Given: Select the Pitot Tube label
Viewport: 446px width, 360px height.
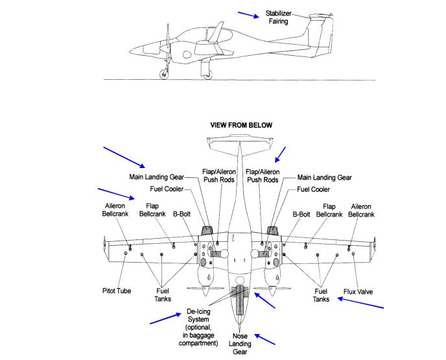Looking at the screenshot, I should (x=117, y=291).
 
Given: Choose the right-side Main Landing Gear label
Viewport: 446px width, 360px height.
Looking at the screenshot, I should (x=324, y=176).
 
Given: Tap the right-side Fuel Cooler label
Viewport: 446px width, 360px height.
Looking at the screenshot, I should (x=312, y=189).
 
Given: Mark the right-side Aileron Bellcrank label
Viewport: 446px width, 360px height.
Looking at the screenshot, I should (x=360, y=210).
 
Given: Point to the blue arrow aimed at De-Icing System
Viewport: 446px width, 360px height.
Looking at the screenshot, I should (x=165, y=317).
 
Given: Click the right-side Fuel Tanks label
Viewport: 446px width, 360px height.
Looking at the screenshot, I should (x=320, y=295).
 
